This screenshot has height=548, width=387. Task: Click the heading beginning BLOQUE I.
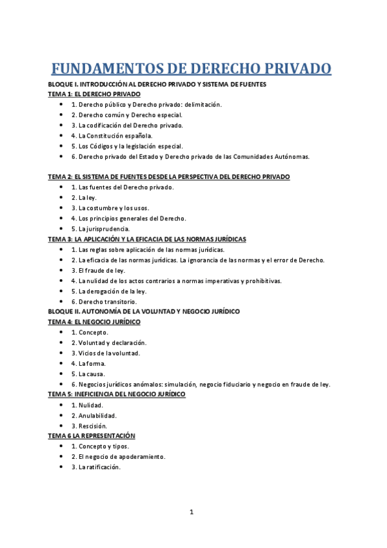157,85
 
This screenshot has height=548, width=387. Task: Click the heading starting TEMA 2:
169,176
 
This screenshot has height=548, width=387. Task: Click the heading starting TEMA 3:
147,239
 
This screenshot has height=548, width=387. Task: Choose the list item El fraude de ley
98,270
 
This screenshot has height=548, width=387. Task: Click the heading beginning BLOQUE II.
144,311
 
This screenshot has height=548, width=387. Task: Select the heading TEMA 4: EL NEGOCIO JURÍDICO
99,321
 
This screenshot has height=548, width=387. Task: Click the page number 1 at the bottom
192,512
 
